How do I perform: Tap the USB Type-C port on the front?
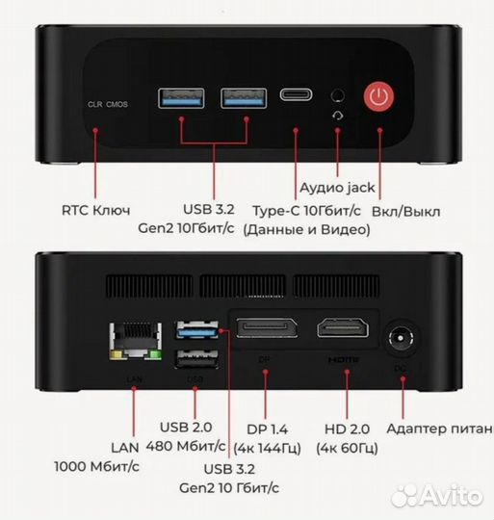pos(297,94)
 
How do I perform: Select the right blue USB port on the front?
pos(244,95)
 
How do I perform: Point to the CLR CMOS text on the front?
pos(107,103)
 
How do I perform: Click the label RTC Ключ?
pos(95,208)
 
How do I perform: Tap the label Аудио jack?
pos(337,188)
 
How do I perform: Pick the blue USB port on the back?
pos(195,331)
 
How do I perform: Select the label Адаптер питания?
pos(439,428)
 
